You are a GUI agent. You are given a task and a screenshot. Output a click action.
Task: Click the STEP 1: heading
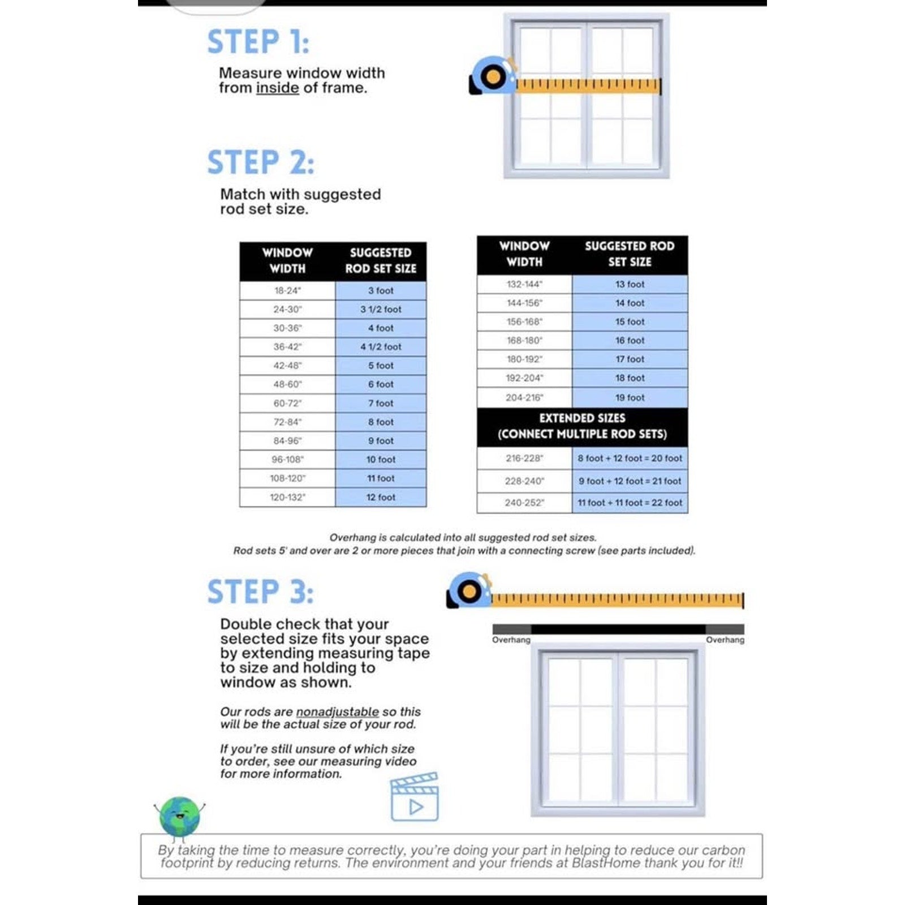pos(258,42)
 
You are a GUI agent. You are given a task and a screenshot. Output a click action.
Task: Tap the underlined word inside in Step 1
pos(277,88)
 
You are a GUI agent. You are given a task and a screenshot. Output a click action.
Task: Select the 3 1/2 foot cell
pos(381,309)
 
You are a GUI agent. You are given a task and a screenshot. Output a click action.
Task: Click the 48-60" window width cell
pos(287,385)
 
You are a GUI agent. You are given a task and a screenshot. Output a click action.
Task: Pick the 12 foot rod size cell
pos(381,497)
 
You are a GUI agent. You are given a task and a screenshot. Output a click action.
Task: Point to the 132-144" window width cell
pos(524,284)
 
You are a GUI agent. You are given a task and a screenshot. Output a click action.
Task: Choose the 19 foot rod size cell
pos(630,398)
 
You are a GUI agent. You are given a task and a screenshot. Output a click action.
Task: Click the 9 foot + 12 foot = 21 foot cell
pos(630,481)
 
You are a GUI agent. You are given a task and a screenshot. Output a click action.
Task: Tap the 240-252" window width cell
pos(524,502)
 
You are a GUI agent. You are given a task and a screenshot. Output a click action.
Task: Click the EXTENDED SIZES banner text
pos(582,418)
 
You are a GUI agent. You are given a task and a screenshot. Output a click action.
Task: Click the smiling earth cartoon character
pos(179,817)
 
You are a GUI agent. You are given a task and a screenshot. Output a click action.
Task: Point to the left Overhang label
pos(511,640)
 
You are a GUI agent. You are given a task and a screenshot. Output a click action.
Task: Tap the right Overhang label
pos(725,640)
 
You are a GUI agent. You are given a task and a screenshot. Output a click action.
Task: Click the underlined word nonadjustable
pos(337,712)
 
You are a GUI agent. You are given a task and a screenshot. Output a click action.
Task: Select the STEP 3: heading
pos(260,592)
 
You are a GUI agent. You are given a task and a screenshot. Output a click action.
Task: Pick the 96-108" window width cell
pos(287,459)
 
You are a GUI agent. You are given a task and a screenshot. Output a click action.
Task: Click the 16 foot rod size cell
pos(630,341)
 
